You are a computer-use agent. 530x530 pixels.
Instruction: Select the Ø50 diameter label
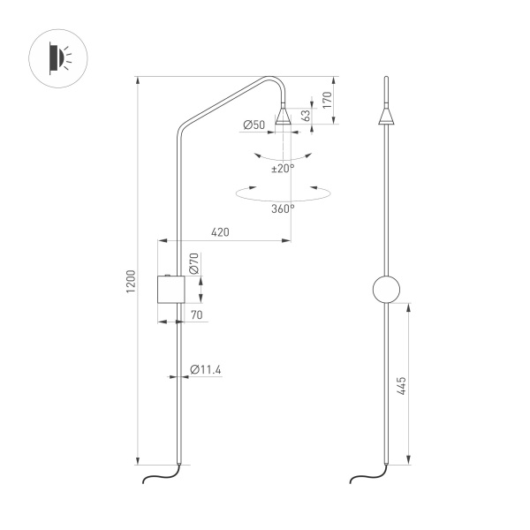[254, 125]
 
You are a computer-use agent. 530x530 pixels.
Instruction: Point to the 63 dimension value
[307, 116]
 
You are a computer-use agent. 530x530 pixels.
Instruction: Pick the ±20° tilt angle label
[283, 168]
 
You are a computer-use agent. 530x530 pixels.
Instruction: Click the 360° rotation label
[283, 208]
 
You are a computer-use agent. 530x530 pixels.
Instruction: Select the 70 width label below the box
[196, 314]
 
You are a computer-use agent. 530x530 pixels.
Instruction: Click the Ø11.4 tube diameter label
[206, 369]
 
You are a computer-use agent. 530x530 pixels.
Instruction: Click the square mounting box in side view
[170, 289]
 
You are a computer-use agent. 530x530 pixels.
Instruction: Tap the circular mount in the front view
[386, 289]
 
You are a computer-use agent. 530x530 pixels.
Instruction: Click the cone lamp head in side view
[284, 116]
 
